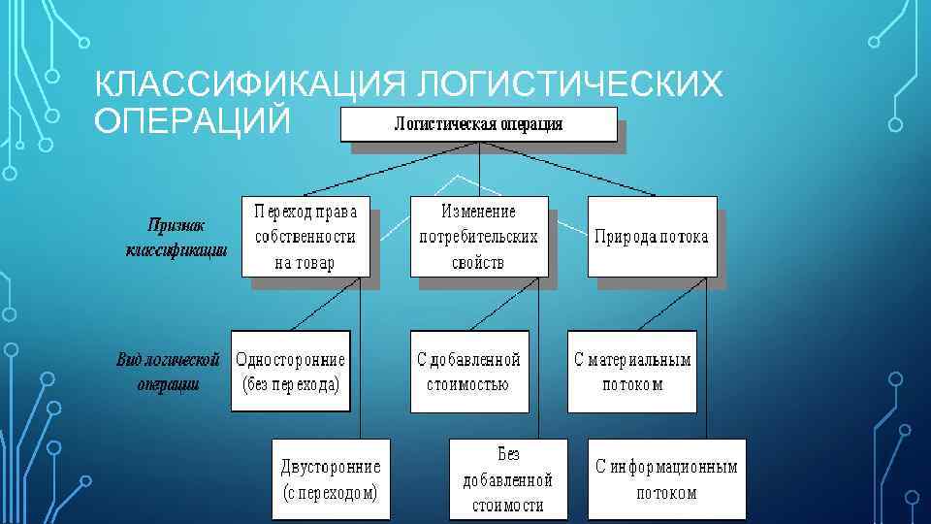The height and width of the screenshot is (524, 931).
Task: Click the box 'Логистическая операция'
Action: tap(478, 124)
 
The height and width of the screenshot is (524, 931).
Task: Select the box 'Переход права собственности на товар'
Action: tap(305, 237)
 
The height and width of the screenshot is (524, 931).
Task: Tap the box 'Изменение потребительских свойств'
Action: tap(479, 237)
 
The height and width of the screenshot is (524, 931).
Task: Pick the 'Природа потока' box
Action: tap(652, 237)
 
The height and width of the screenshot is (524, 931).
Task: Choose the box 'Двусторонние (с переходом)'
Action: tap(331, 477)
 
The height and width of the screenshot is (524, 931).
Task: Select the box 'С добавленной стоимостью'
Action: tap(468, 371)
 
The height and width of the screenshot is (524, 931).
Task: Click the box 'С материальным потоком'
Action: tap(632, 371)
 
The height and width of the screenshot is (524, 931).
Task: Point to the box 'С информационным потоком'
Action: tap(666, 478)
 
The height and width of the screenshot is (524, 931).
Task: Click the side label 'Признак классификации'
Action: tap(177, 237)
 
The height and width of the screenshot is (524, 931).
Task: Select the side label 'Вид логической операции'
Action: tap(169, 371)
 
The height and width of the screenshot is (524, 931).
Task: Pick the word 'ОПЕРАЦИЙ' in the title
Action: tap(191, 121)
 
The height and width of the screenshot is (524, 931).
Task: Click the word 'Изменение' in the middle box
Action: tap(479, 211)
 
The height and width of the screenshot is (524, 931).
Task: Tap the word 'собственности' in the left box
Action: tap(305, 237)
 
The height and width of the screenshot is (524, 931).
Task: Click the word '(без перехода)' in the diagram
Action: tap(291, 383)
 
